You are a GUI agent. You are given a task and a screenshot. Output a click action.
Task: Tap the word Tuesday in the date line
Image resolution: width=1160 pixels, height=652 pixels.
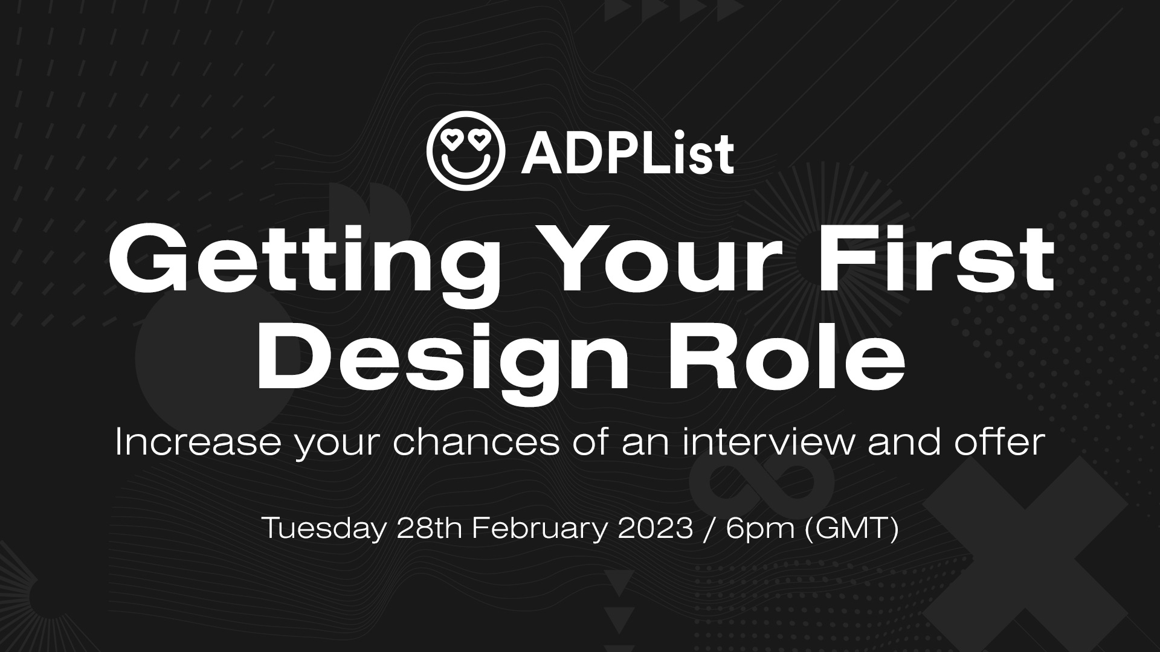(323, 529)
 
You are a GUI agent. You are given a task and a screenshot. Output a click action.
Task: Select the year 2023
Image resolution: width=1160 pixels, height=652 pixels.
(655, 529)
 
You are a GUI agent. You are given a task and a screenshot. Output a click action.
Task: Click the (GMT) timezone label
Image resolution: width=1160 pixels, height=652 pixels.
(852, 529)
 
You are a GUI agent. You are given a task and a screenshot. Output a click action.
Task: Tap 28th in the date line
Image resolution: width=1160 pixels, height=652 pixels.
(430, 529)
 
